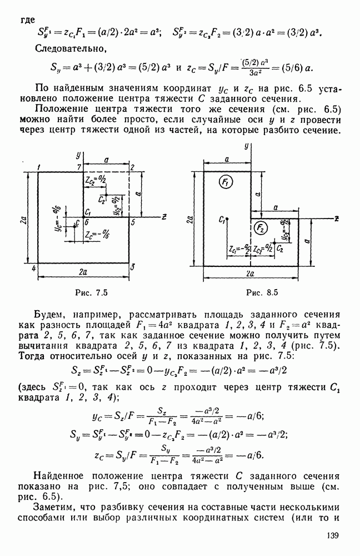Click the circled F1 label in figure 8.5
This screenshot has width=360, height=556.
pyautogui.click(x=226, y=184)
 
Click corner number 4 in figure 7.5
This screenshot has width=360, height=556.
pyautogui.click(x=33, y=268)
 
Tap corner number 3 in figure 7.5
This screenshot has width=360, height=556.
pyautogui.click(x=132, y=267)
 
